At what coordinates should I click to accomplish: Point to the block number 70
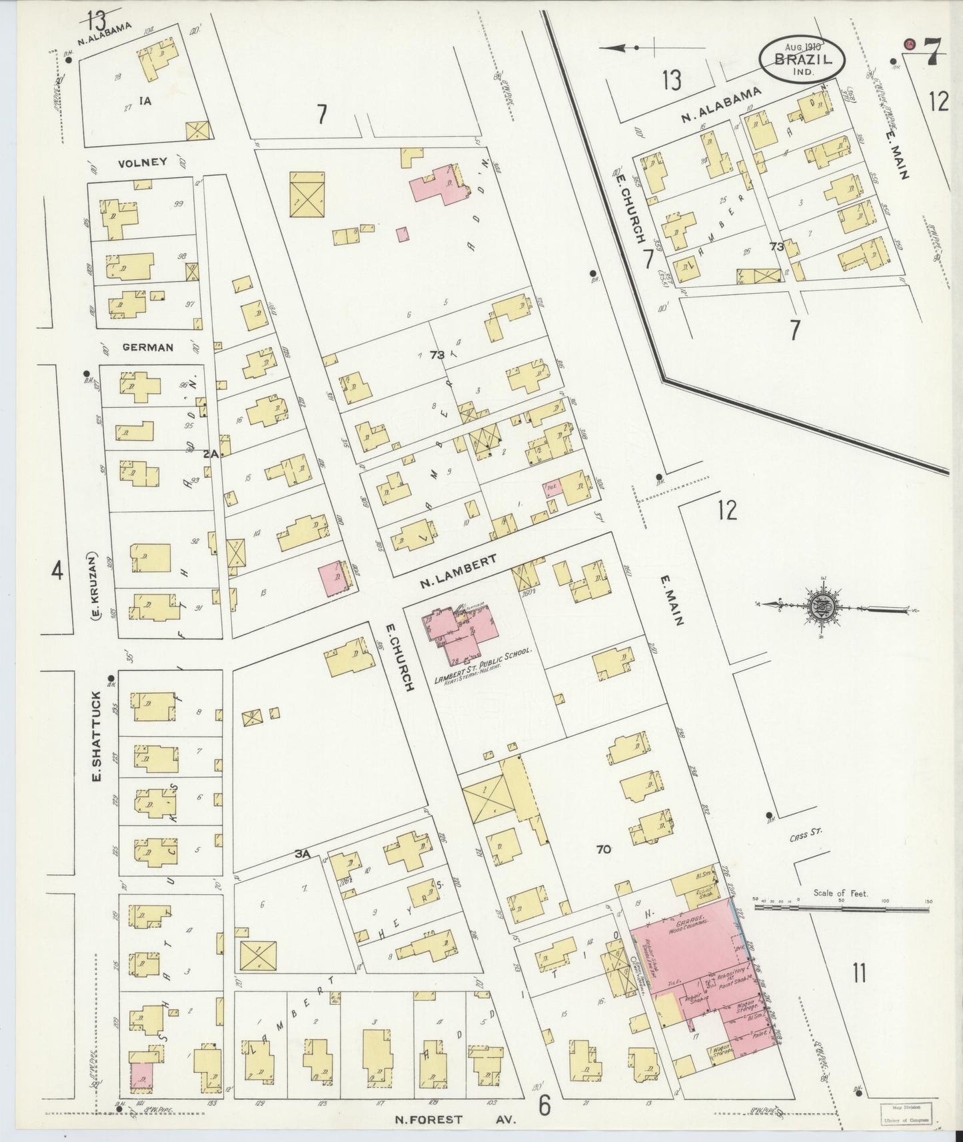(604, 850)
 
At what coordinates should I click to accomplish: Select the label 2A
(211, 453)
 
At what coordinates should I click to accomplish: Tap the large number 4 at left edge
(57, 570)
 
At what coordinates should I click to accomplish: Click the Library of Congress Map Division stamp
(906, 1112)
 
